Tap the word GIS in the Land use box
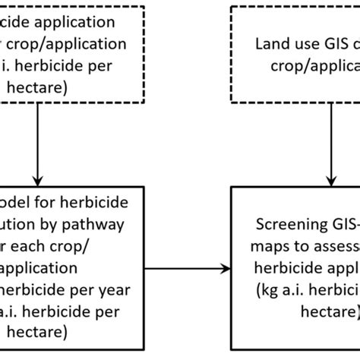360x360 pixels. coord(328,45)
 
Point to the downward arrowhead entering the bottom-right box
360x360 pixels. coord(328,174)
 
